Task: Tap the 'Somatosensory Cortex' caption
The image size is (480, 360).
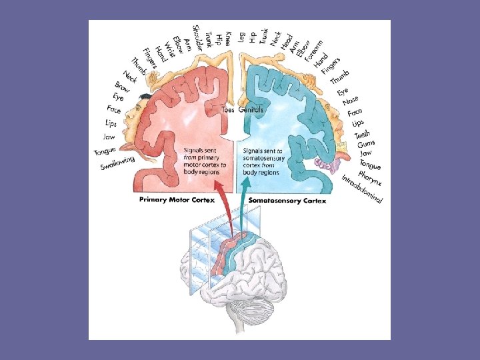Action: point(287,200)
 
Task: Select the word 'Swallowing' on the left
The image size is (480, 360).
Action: point(117,163)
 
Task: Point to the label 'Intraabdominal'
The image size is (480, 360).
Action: point(363,191)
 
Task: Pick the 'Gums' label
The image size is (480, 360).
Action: point(366,144)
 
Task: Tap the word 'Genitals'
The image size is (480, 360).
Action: point(251,109)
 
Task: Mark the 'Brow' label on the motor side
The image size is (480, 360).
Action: point(122,87)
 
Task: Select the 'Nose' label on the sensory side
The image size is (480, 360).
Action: point(351,101)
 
